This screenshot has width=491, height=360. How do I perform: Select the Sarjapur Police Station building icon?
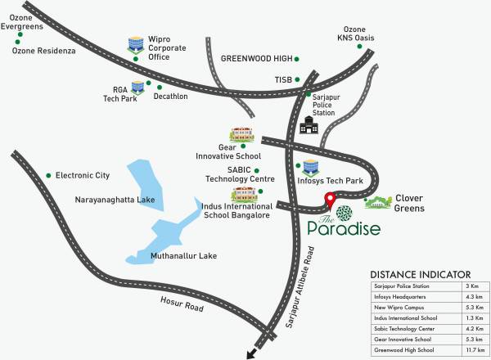(x=309, y=124)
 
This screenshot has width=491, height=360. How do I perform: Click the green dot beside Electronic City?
(x=49, y=174)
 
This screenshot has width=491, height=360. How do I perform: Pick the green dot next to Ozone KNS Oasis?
(x=361, y=47)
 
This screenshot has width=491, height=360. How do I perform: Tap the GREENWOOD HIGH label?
(x=256, y=59)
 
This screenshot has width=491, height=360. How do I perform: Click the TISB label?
(x=282, y=79)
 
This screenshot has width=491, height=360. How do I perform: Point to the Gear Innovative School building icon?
(x=241, y=134)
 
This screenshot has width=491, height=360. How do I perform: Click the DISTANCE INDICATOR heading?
(x=420, y=274)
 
